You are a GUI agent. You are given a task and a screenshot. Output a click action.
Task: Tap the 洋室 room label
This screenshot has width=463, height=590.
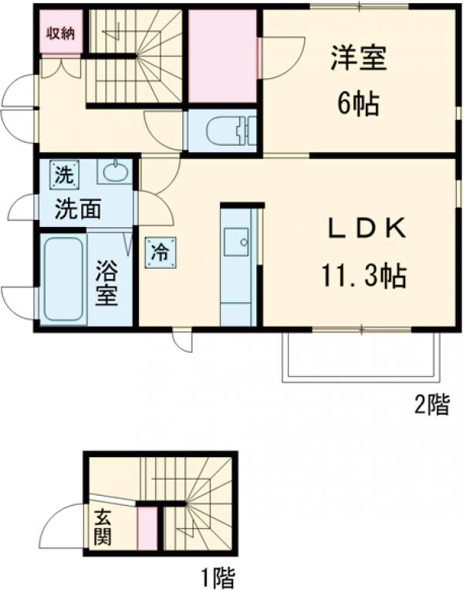point(359,59)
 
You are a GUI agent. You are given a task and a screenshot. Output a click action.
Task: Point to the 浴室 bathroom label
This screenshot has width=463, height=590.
point(107,283)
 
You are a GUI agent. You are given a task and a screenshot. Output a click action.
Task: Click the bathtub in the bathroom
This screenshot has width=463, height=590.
point(63,280)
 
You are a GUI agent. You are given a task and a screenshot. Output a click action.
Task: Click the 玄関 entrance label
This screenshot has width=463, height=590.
point(103,527)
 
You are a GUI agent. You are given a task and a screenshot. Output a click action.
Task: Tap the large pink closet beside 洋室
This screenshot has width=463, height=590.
point(222,56)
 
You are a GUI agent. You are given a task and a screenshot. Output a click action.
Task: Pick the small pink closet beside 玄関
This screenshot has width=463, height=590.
point(145,528)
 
